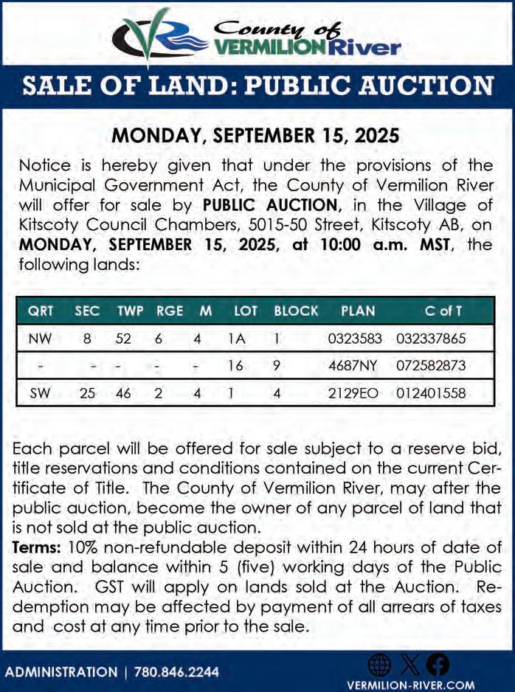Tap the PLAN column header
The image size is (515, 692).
pos(358,311)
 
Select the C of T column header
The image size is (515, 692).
pos(443,311)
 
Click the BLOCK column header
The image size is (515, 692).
pos(296,311)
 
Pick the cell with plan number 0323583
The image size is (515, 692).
pos(355,339)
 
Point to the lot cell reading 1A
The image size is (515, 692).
pos(235,339)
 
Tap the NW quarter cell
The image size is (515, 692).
pos(40,339)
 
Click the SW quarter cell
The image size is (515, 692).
pos(40,393)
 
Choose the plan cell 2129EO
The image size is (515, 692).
pos(353,393)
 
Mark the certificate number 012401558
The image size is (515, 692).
pos(431,393)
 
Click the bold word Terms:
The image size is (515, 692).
pos(38,547)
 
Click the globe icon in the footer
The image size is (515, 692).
pos(379,665)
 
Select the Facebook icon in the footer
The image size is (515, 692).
pos(438,665)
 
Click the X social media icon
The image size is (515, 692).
pos(409,665)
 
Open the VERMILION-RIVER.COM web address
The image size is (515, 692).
pos(410,684)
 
